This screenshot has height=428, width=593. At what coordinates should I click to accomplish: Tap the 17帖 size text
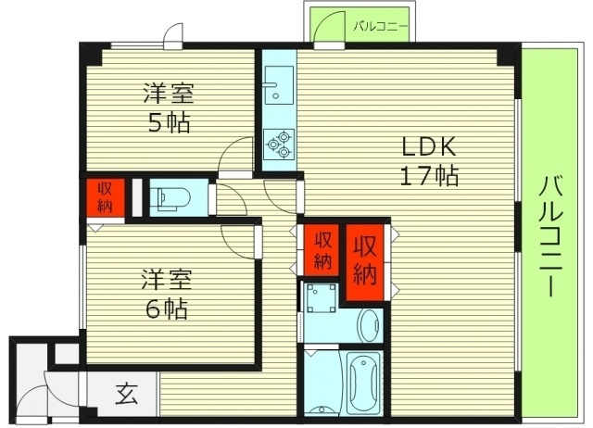(x=429, y=176)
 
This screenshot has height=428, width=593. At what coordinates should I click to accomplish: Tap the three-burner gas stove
(x=277, y=143)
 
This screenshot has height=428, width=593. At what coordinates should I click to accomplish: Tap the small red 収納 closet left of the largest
(x=321, y=249)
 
